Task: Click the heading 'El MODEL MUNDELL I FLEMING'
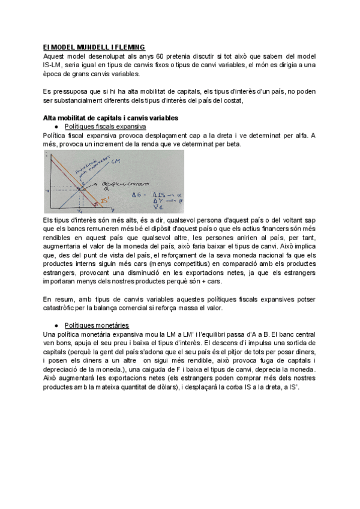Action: [94, 47]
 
